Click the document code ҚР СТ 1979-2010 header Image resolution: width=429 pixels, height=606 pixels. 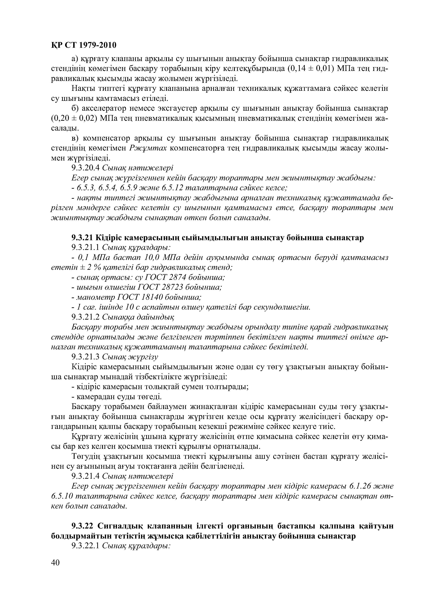(x=83, y=45)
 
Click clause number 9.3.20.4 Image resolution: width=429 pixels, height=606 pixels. (x=85, y=168)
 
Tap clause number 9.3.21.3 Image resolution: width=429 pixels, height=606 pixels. (x=85, y=357)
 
